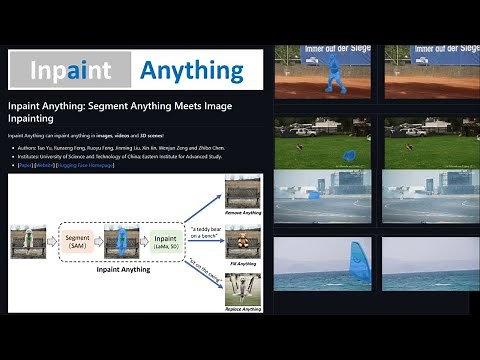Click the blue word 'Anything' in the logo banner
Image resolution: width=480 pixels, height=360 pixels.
tap(191, 70)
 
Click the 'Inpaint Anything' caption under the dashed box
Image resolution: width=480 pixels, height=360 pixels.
tap(124, 269)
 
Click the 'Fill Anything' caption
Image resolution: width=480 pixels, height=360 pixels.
tap(243, 263)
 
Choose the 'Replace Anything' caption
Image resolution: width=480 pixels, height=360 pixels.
tap(243, 309)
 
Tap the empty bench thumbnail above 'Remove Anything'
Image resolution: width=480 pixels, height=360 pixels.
tap(243, 193)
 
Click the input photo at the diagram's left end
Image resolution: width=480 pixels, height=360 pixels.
tap(28, 240)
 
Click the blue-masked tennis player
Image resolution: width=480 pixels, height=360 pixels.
tap(331, 72)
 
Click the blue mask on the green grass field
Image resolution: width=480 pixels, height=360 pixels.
tap(349, 155)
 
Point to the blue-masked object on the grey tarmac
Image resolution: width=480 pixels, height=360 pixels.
tap(314, 194)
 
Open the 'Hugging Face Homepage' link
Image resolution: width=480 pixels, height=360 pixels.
tap(85, 164)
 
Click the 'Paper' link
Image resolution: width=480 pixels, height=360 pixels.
tap(20, 164)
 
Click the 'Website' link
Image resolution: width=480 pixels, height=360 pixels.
tap(43, 164)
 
